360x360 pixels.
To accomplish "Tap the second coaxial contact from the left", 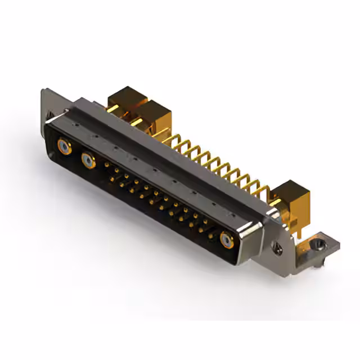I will point(88,161).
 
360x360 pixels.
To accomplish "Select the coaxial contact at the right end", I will point(227,241).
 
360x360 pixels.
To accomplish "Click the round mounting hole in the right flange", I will point(277,246).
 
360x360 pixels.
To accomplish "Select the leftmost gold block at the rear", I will point(127,100).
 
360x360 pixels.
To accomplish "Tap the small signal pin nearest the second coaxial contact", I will point(106,165).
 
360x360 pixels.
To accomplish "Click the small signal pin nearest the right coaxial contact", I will point(210,236).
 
